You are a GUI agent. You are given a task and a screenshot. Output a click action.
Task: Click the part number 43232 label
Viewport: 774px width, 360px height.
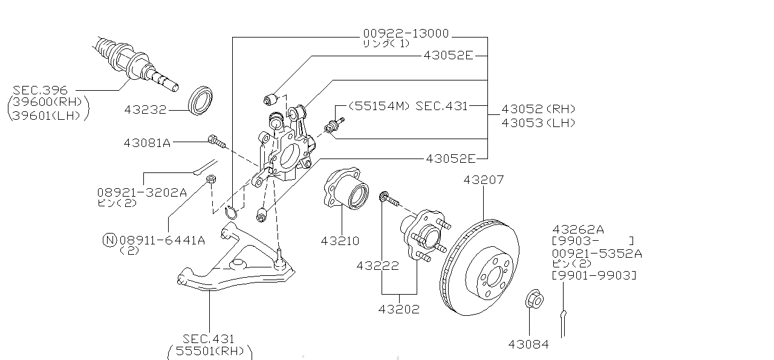point(146,110)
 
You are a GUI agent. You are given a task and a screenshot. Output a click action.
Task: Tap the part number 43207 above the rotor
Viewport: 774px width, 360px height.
point(483,180)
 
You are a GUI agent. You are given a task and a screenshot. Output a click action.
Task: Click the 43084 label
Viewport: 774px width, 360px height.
point(528,344)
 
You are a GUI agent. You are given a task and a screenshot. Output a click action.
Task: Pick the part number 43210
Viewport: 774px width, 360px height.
point(340,241)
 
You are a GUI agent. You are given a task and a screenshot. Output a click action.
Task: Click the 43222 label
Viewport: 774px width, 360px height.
point(377,266)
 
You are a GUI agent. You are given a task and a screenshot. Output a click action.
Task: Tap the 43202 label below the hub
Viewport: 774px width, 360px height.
point(398,309)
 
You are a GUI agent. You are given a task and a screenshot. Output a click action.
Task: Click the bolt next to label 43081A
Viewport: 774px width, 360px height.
point(216,142)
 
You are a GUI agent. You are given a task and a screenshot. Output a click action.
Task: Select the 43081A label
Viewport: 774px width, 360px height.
point(147,143)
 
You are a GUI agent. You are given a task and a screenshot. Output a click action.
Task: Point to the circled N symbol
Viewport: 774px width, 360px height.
point(109,240)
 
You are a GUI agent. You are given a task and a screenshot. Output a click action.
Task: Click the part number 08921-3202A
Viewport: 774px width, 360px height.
point(141,192)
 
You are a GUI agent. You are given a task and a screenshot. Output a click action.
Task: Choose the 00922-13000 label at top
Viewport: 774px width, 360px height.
point(405,33)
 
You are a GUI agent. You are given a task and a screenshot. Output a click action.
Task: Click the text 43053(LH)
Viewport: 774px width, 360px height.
point(538,123)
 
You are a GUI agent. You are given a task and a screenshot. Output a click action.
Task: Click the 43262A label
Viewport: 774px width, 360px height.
point(577,229)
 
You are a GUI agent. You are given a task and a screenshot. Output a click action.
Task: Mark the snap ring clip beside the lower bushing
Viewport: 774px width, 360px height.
point(231,212)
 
